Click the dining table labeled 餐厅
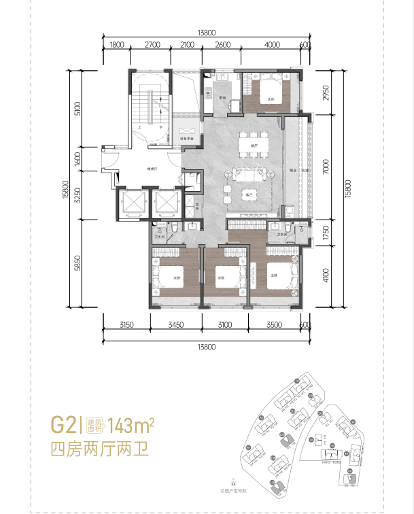[252, 145]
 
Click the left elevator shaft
[131, 203]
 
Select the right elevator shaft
[166, 203]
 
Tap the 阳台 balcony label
[292, 171]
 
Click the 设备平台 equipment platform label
[188, 139]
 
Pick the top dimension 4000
[272, 45]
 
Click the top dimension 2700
[152, 45]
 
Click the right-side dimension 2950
[326, 92]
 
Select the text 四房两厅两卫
[99, 449]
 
